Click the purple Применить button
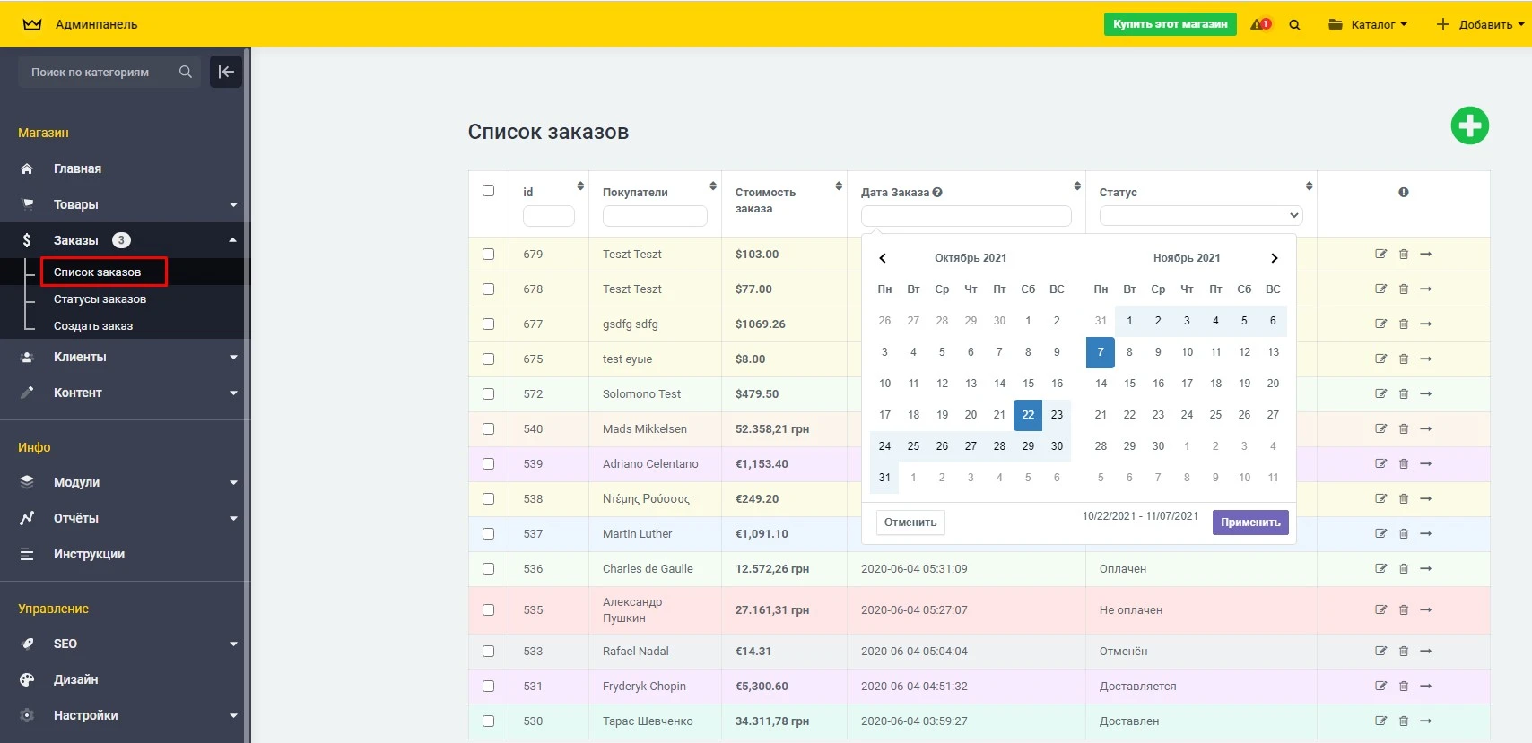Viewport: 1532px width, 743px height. pos(1249,523)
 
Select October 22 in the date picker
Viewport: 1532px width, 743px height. pos(1028,415)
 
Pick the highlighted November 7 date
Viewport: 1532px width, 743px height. pos(1101,352)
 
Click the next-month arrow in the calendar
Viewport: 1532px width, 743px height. pos(1274,258)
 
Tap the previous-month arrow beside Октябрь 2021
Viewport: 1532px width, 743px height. pos(883,258)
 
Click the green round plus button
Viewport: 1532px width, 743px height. pos(1469,125)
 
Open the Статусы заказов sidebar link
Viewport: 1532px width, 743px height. pos(100,299)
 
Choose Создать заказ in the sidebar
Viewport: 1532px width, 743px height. pos(93,326)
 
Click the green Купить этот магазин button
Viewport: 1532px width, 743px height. pos(1170,24)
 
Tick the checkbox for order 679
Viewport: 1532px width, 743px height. pos(488,254)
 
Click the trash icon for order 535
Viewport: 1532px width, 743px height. pos(1404,609)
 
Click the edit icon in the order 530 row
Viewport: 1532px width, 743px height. pos(1380,721)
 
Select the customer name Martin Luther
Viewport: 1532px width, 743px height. pos(637,534)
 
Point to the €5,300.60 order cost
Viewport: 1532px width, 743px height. pos(762,687)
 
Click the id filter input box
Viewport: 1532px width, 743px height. pos(548,216)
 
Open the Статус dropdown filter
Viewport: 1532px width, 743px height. pos(1200,215)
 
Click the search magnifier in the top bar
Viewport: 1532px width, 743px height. pos(1294,25)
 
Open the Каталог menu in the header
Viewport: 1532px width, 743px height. pos(1368,24)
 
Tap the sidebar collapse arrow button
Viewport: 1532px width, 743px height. pos(226,72)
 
